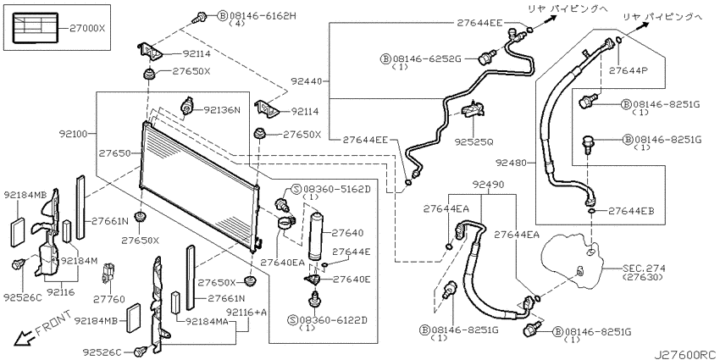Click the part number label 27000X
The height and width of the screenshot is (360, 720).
pyautogui.click(x=88, y=28)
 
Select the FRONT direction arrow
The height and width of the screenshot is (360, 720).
pyautogui.click(x=20, y=339)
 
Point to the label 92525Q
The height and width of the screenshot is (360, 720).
pyautogui.click(x=474, y=142)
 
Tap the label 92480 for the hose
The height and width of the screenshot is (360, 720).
pyautogui.click(x=511, y=162)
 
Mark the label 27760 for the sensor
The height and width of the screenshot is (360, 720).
pyautogui.click(x=109, y=299)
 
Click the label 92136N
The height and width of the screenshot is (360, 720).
pyautogui.click(x=222, y=110)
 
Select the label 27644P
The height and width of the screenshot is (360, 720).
pyautogui.click(x=628, y=70)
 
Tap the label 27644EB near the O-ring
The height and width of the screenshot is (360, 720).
pyautogui.click(x=631, y=211)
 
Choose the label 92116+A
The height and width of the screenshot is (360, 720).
pyautogui.click(x=246, y=313)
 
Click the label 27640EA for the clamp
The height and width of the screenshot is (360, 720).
pyautogui.click(x=283, y=263)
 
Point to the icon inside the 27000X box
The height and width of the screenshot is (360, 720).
pyautogui.click(x=35, y=28)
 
